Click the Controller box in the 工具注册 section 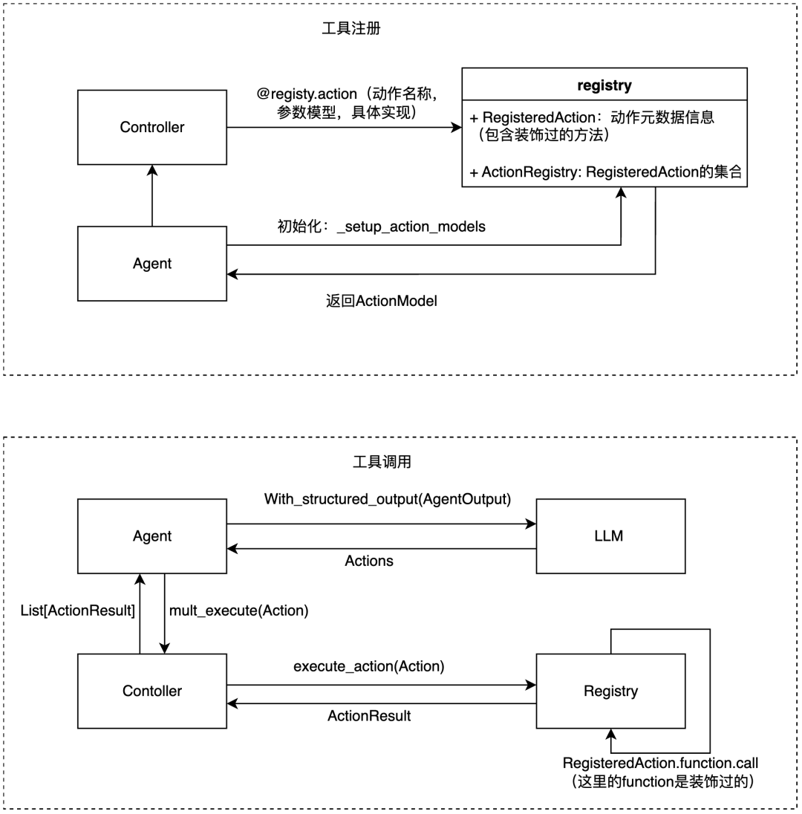click(152, 127)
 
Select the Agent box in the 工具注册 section click(152, 263)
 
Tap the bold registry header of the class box click(604, 85)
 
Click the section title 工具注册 click(351, 30)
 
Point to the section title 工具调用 click(381, 462)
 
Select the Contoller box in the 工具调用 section click(152, 691)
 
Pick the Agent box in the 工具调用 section click(152, 535)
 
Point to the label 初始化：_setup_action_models click(381, 227)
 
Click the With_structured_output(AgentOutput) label click(388, 499)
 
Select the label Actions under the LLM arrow click(369, 561)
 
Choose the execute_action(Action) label click(369, 666)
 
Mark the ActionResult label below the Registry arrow click(369, 716)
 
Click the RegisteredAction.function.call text click(661, 763)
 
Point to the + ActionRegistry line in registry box click(605, 172)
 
